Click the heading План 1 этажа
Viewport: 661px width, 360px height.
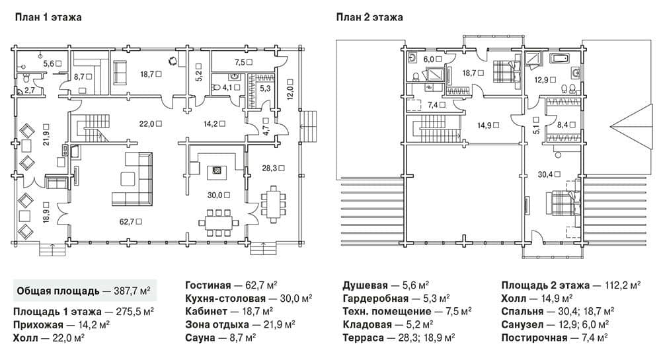pyautogui.click(x=48, y=17)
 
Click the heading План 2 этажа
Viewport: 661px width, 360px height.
pyautogui.click(x=369, y=17)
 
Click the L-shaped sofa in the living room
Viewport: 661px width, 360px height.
pyautogui.click(x=132, y=180)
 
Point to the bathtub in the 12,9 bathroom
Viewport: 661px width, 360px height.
pyautogui.click(x=559, y=59)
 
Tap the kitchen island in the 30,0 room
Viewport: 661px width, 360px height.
pyautogui.click(x=216, y=170)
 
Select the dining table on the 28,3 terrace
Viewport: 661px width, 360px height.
pyautogui.click(x=273, y=204)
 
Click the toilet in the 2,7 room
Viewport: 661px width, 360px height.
pyautogui.click(x=26, y=79)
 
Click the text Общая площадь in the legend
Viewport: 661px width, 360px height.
pyautogui.click(x=58, y=291)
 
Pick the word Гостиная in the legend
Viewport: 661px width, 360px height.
pyautogui.click(x=208, y=285)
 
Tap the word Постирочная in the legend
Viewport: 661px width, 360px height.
pyautogui.click(x=535, y=338)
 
